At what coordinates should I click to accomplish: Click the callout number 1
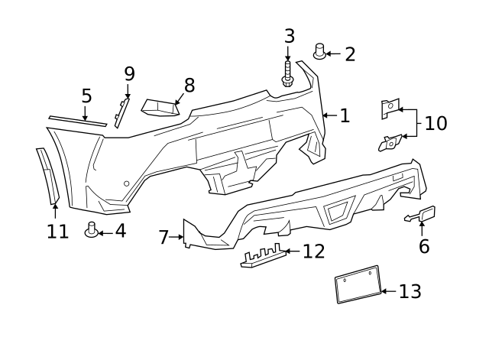point(345,116)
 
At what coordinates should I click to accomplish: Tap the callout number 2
point(350,54)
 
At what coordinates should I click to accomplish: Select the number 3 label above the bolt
point(289,36)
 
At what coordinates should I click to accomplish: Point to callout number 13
point(410,291)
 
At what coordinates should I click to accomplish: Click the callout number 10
point(436,123)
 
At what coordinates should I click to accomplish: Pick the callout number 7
point(164,238)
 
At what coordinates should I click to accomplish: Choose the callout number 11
point(57,231)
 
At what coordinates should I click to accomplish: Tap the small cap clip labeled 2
point(319,53)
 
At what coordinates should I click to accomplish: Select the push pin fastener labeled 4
point(92,229)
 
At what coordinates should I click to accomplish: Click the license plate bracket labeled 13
point(358,284)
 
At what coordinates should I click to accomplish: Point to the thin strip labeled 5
point(78,122)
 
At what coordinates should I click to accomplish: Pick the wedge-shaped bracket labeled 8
point(160,107)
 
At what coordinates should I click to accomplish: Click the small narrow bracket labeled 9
point(121,111)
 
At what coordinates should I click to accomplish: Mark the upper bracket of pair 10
point(390,109)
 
